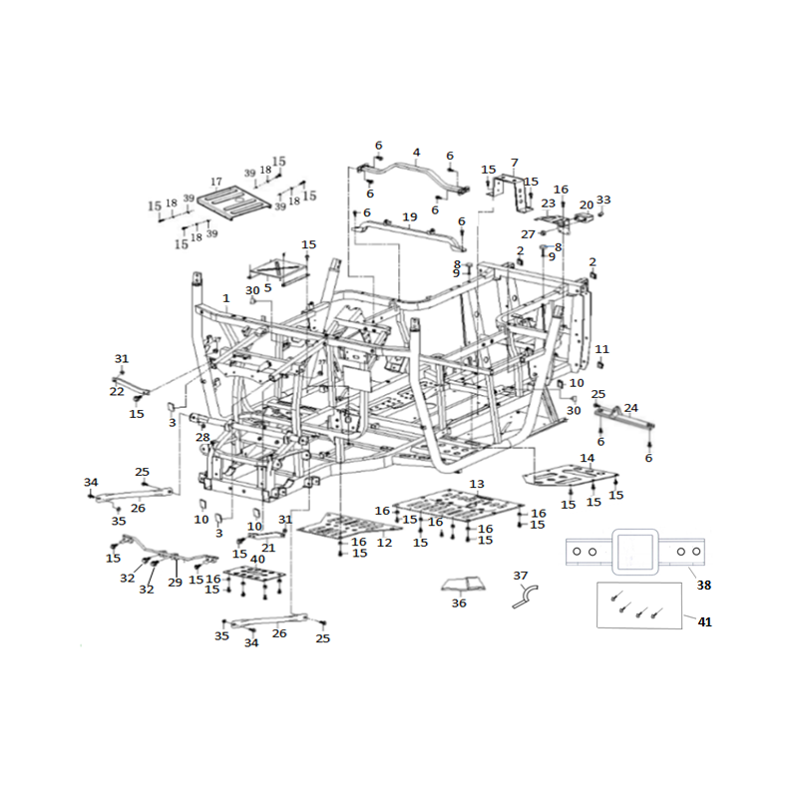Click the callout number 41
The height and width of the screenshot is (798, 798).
point(704,621)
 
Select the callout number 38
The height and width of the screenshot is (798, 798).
point(704,586)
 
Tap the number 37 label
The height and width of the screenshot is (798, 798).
point(520,576)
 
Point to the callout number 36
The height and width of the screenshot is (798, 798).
point(459,603)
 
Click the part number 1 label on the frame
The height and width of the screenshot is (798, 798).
point(226,298)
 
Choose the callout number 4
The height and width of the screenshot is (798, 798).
point(416,153)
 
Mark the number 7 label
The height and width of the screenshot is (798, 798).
point(515,163)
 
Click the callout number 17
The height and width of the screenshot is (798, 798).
point(216,182)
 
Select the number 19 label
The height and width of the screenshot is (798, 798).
point(410,217)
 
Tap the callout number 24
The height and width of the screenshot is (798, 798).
point(631,408)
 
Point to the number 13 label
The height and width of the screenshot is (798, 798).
point(477,484)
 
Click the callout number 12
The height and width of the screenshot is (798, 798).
point(385,543)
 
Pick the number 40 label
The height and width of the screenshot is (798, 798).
point(258,559)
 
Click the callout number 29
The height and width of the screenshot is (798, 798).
point(176,583)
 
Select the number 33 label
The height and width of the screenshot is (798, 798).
point(603,199)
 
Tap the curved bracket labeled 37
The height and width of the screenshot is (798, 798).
point(526,598)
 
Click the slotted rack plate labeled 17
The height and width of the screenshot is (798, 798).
point(233,202)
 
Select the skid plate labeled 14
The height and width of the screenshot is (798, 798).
point(570,477)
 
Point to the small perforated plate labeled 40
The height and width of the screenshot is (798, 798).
point(254,577)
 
